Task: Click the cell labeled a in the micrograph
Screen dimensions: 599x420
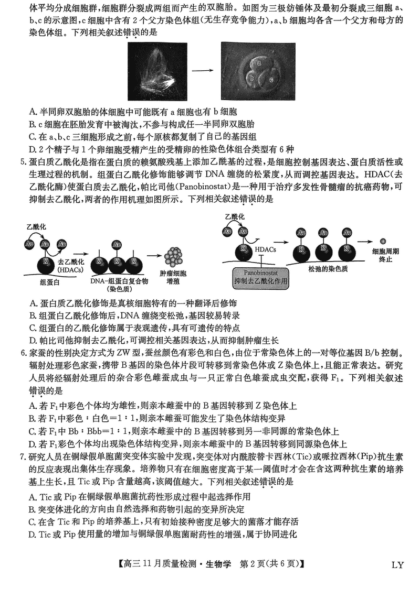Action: coord(259,62)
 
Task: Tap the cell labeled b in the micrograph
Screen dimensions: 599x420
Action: coord(253,78)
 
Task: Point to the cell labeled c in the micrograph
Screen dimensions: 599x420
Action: coord(271,79)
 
